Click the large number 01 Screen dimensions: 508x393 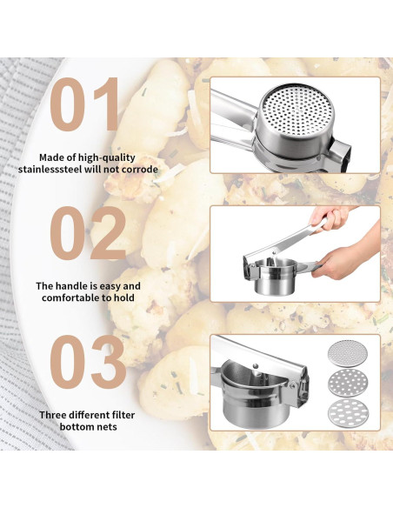click(x=88, y=106)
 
